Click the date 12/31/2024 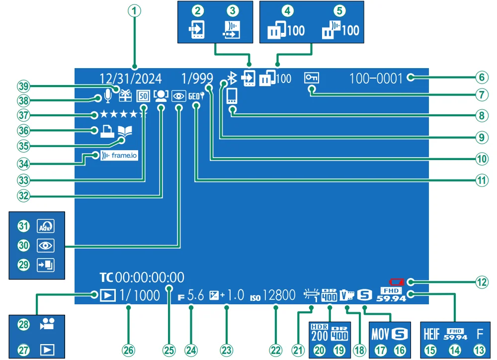[x=130, y=79]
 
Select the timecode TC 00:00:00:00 [x=142, y=277]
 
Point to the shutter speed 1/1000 [x=140, y=295]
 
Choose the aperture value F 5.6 [x=191, y=295]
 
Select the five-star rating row [x=123, y=115]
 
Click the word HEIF [x=431, y=334]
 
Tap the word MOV [x=380, y=334]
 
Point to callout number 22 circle [x=275, y=350]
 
